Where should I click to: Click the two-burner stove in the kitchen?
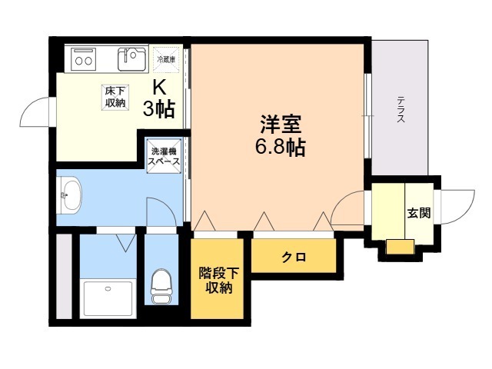(x=83, y=59)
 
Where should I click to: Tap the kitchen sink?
(x=132, y=59)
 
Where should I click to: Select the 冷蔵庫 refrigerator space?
(x=166, y=59)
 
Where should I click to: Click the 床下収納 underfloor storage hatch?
(x=115, y=98)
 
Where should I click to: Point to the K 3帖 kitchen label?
(x=159, y=98)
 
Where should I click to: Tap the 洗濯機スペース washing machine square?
(x=164, y=156)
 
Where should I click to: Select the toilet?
(x=161, y=286)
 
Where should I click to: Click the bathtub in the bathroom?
(x=108, y=298)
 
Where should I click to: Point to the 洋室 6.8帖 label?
(x=280, y=135)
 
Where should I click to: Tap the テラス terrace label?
(x=401, y=109)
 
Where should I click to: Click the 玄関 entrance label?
(x=419, y=214)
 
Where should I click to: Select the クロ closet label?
(x=294, y=258)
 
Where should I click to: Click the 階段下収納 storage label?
(x=218, y=280)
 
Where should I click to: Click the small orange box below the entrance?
(x=400, y=247)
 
